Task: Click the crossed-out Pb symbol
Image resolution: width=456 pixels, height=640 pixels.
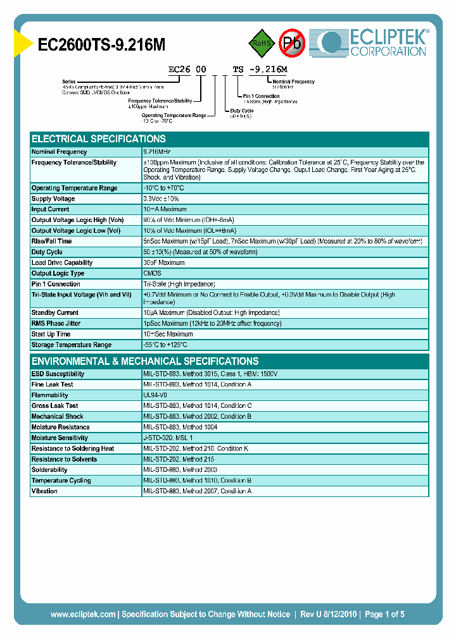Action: point(292,43)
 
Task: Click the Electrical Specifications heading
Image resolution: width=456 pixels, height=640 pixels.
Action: point(99,138)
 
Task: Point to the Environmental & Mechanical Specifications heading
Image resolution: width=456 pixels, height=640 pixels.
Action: point(145,361)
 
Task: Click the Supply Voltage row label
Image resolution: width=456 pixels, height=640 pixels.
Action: point(53,199)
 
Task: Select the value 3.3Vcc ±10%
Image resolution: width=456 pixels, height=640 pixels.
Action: point(161,199)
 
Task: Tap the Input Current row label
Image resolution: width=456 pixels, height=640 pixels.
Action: point(51,209)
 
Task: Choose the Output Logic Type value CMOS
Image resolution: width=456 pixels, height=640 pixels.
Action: point(152,273)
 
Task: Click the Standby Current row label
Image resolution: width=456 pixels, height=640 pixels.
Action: point(55,312)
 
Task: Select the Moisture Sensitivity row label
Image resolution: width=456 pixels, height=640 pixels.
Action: point(60,438)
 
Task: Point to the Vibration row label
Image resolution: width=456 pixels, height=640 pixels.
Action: point(44,491)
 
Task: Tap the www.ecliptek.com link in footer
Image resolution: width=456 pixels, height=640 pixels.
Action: point(83,614)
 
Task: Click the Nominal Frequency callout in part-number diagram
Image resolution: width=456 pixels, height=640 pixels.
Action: point(293,82)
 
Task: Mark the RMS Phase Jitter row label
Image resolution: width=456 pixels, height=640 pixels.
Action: point(56,323)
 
